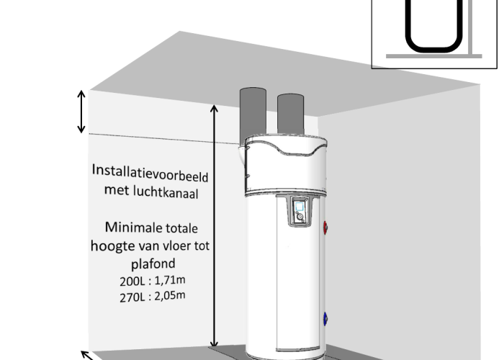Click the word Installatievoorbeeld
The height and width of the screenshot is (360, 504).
[x=150, y=173]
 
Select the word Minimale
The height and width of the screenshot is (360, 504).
[x=128, y=228]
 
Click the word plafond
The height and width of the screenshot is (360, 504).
[x=153, y=264]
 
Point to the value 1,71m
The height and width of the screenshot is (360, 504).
[x=170, y=280]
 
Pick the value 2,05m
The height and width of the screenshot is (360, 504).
[x=170, y=295]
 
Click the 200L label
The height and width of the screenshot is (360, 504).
[x=132, y=282]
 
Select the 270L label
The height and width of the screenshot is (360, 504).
[x=132, y=297]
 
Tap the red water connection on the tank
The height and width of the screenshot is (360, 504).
[x=325, y=228]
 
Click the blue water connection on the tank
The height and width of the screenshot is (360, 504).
[x=325, y=319]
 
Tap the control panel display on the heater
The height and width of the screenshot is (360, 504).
[x=300, y=207]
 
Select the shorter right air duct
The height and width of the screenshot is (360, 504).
[x=291, y=114]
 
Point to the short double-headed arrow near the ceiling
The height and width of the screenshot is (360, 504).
[x=81, y=112]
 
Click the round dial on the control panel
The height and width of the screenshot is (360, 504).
[x=300, y=217]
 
